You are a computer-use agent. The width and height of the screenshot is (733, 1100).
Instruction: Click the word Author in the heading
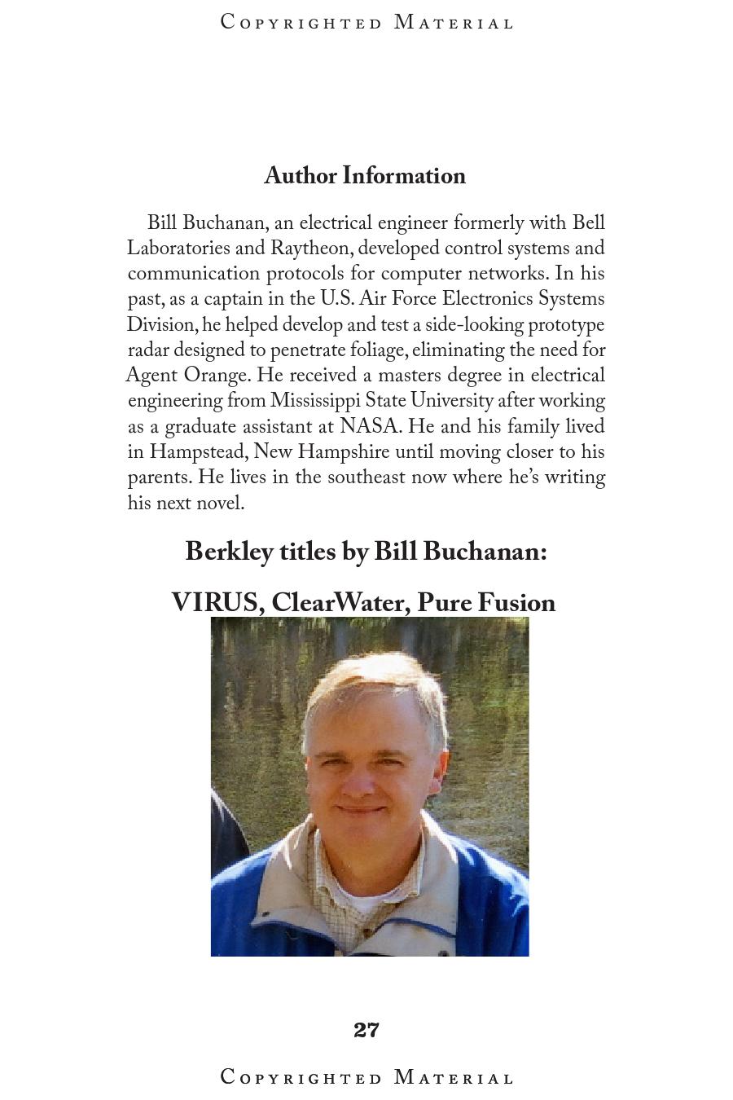[x=300, y=176]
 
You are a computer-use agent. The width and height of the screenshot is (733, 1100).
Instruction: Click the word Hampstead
[x=198, y=451]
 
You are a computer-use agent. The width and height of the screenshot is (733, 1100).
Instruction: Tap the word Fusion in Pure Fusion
[x=516, y=603]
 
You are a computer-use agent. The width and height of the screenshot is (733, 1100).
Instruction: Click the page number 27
[x=366, y=1030]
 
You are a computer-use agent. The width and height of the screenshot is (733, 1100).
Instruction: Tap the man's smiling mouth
[x=361, y=810]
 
